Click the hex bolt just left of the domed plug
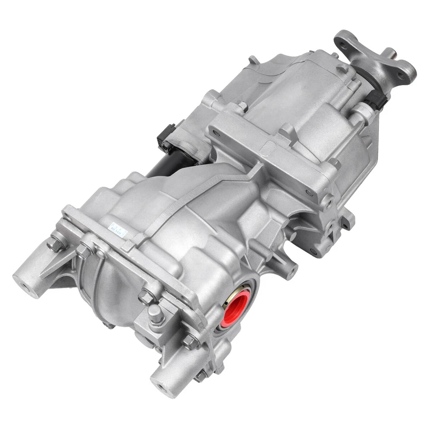pyautogui.click(x=146, y=296)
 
